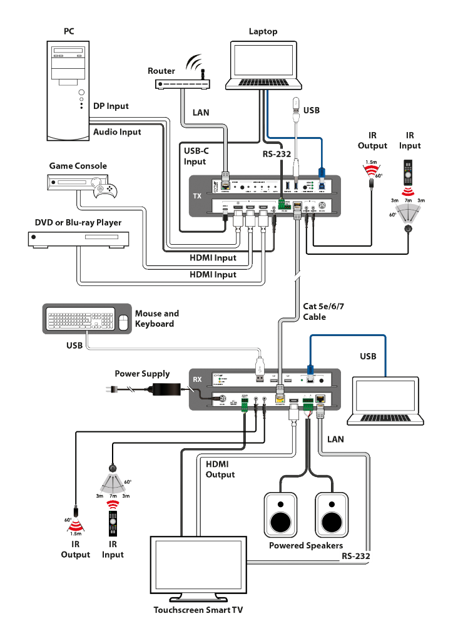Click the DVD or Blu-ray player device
click(x=78, y=238)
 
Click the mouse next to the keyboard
click(x=123, y=322)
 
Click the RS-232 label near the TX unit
click(x=277, y=153)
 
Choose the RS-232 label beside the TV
click(x=356, y=555)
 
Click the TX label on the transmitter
click(x=197, y=196)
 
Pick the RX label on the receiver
click(x=197, y=379)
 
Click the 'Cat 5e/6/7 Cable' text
click(x=323, y=311)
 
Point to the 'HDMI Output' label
click(x=220, y=469)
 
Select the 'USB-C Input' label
click(x=195, y=156)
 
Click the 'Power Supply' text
click(x=142, y=374)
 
